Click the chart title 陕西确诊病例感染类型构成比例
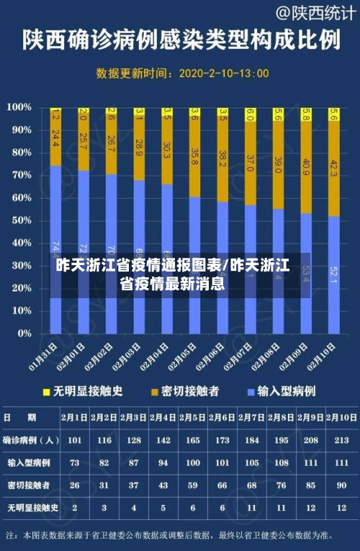[x=180, y=40]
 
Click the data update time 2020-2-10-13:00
[x=223, y=73]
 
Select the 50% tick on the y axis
[x=20, y=220]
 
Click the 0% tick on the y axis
[x=23, y=334]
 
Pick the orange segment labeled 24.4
[x=55, y=138]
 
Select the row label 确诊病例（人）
[x=30, y=440]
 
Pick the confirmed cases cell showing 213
[x=341, y=440]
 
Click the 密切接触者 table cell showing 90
[x=341, y=485]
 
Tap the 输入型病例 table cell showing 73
[x=74, y=462]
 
